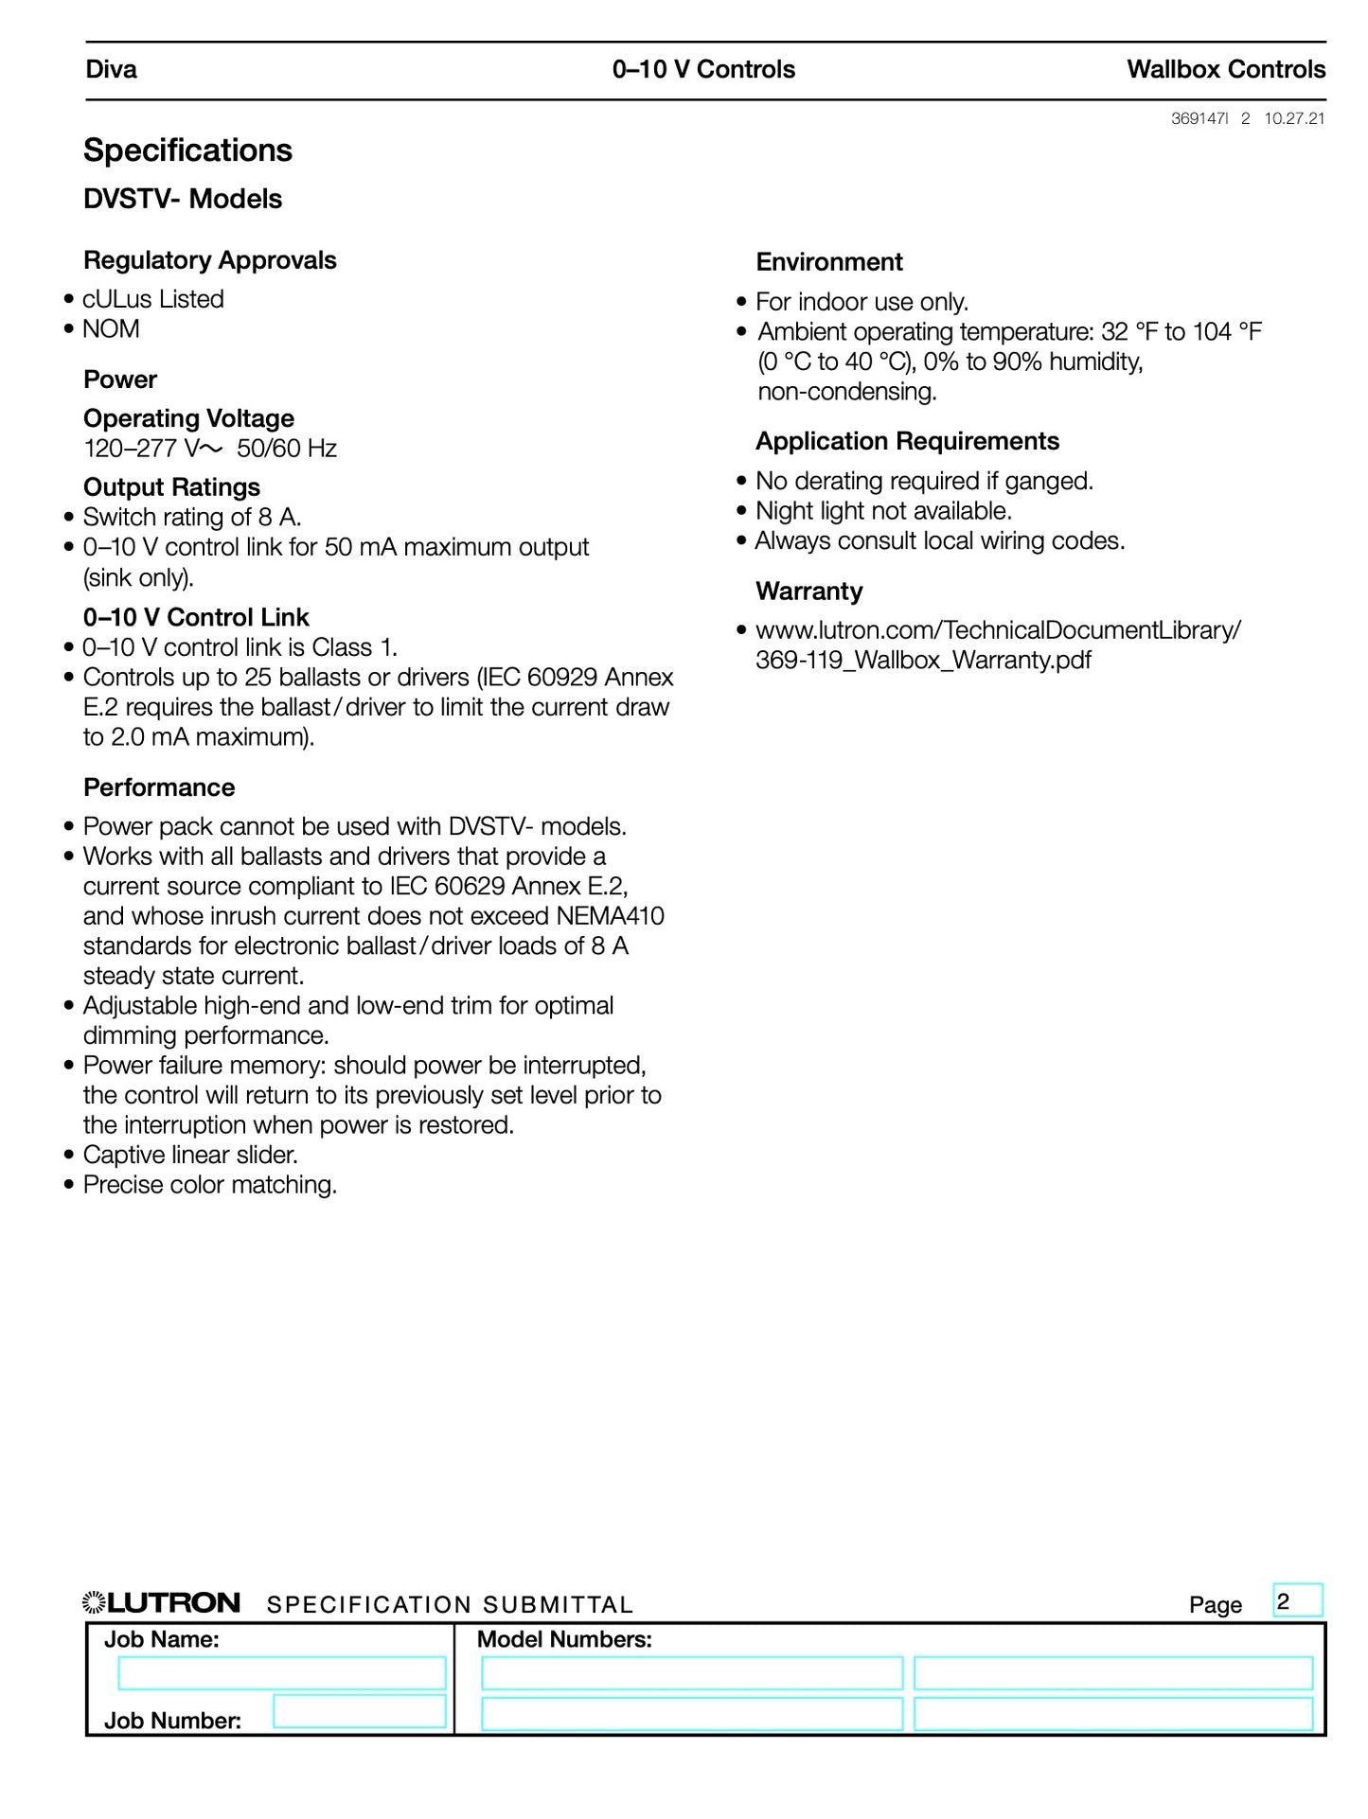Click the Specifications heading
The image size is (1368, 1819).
[x=187, y=150]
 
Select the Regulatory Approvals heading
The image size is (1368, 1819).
[x=209, y=260]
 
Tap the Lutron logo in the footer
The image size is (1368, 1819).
[x=161, y=1603]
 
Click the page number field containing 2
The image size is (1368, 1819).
[x=1297, y=1601]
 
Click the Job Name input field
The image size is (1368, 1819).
[x=281, y=1673]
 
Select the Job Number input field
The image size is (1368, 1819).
[x=359, y=1711]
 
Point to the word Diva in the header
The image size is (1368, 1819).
[x=111, y=69]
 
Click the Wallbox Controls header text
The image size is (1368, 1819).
[x=1225, y=69]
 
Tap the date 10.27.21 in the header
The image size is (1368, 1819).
[x=1294, y=118]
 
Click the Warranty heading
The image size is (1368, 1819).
[x=808, y=592]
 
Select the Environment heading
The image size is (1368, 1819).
[x=828, y=262]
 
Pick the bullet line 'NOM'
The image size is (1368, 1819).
[x=111, y=329]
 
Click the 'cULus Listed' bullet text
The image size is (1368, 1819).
[x=153, y=299]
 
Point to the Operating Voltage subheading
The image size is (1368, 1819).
[x=188, y=418]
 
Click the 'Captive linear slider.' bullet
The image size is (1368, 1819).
[x=190, y=1155]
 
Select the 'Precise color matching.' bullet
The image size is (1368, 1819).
[x=209, y=1185]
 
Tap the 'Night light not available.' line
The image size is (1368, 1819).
[x=883, y=511]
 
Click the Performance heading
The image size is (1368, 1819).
[x=159, y=787]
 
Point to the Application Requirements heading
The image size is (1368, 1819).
[x=906, y=441]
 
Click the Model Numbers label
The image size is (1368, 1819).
[x=564, y=1640]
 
